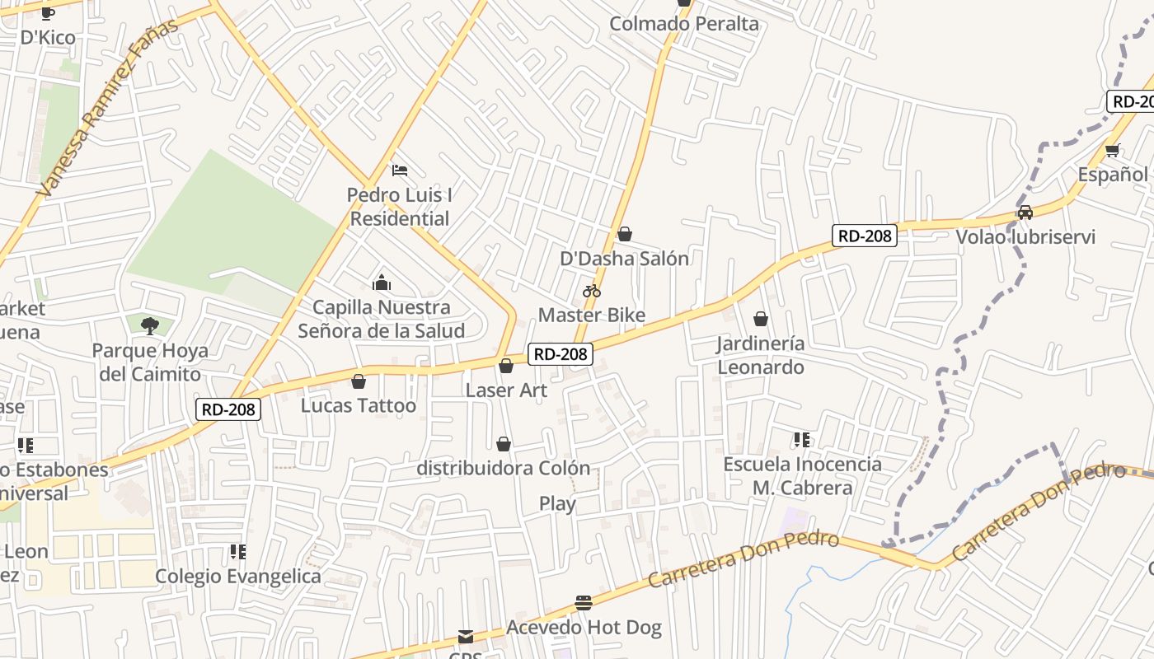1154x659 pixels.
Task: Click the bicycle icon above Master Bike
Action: point(591,291)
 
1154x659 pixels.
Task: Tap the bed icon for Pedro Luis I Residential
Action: point(400,171)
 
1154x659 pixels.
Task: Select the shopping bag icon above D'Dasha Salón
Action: point(625,235)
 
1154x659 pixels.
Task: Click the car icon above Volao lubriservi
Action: point(1025,213)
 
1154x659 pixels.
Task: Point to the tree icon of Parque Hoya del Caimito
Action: point(149,326)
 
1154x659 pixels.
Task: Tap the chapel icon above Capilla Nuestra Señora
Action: point(382,283)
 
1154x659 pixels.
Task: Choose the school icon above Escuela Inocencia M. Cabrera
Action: point(801,440)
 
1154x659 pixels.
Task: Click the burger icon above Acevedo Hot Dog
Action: point(584,603)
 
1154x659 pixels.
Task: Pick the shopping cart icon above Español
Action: point(1112,150)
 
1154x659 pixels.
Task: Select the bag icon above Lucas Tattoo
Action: point(359,381)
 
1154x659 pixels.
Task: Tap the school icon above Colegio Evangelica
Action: point(237,551)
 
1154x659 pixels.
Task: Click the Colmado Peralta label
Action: point(683,24)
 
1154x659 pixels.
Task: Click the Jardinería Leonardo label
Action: point(760,355)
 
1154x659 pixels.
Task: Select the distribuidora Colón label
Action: point(504,468)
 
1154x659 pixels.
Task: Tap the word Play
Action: point(557,503)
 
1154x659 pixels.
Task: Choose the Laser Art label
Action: point(506,390)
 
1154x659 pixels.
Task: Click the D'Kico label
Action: point(48,37)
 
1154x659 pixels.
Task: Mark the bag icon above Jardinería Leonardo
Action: point(761,319)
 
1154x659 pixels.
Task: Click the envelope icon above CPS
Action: point(466,637)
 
